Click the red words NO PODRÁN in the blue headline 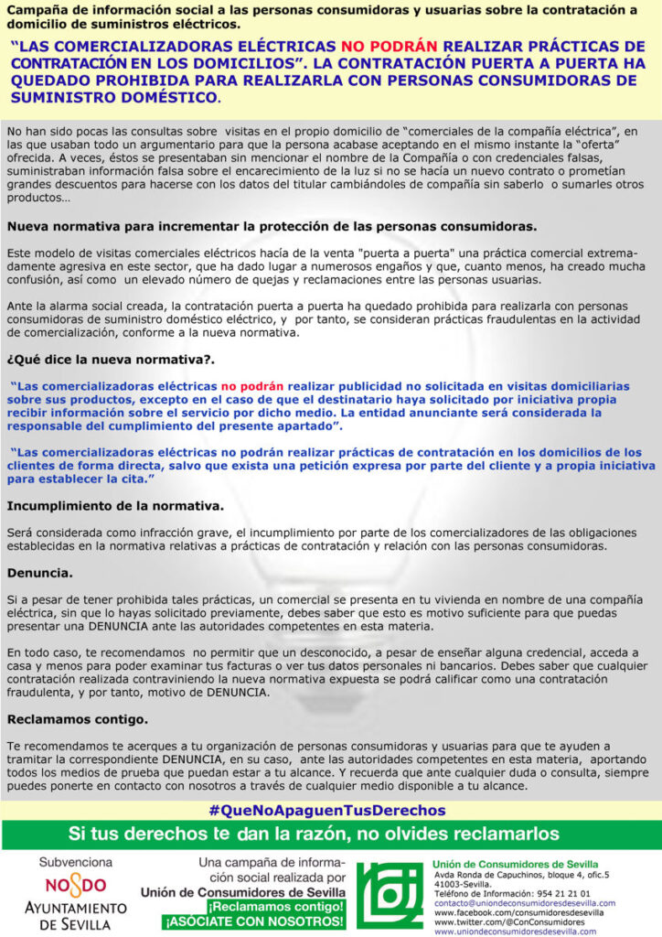(390, 46)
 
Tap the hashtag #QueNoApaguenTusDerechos (326, 811)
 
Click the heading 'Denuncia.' (40, 574)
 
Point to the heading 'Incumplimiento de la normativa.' (114, 505)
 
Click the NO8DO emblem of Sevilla (75, 885)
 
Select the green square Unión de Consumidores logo (390, 898)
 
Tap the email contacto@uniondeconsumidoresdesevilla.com (524, 903)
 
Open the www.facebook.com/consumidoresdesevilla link (518, 913)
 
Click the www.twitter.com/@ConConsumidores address (508, 922)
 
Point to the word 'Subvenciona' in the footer (74, 863)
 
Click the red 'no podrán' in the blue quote (251, 386)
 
